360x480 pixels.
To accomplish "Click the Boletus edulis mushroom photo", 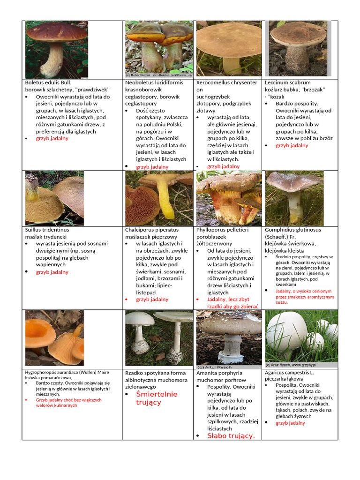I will click(56, 49).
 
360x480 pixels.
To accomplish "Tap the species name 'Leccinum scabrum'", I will click(287, 82).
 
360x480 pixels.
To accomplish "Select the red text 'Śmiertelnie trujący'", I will click(157, 398).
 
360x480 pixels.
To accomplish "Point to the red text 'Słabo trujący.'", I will click(231, 436).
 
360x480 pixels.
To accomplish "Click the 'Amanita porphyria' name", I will click(219, 373).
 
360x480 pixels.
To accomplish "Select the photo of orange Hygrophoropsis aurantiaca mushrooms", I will click(54, 337).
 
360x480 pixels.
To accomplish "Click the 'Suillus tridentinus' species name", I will click(47, 230).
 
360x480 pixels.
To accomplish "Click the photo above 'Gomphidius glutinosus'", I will click(294, 198).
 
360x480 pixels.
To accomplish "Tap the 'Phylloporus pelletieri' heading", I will click(222, 230).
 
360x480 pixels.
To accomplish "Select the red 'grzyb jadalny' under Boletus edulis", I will click(52, 139).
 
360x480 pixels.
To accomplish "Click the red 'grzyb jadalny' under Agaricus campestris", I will click(290, 423).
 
